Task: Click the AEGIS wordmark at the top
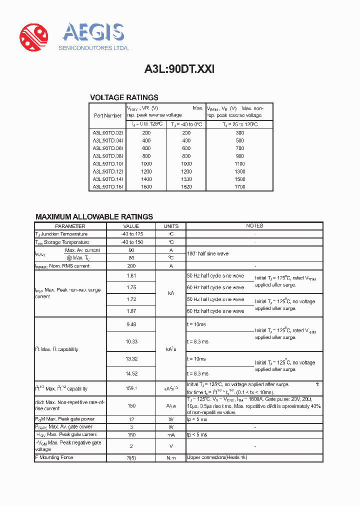(93, 33)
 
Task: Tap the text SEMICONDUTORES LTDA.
(94, 48)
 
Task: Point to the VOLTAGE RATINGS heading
(124, 97)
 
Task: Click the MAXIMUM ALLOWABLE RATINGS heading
(94, 216)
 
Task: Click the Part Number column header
(107, 115)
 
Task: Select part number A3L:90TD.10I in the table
(107, 163)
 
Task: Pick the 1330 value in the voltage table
(186, 179)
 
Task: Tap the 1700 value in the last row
(239, 186)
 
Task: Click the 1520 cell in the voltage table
(186, 186)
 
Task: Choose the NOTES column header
(254, 226)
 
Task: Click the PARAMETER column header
(70, 226)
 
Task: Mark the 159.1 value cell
(131, 388)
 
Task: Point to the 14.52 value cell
(131, 373)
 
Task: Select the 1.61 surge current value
(131, 275)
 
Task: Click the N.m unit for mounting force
(171, 457)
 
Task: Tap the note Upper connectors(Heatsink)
(217, 457)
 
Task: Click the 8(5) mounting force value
(131, 457)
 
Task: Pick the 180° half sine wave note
(208, 254)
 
